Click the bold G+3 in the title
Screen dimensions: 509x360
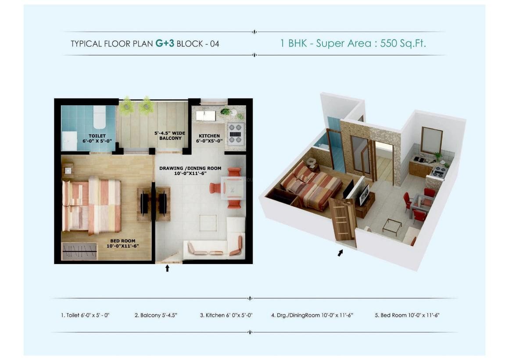pos(165,43)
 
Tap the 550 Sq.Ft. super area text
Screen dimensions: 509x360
pos(403,43)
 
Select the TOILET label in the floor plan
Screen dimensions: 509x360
pos(97,136)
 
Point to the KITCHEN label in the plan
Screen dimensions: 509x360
pos(209,136)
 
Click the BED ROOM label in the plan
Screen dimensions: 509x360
pos(123,241)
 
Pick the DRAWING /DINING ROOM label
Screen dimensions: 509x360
pos(190,168)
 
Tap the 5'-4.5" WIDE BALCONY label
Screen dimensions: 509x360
pos(170,135)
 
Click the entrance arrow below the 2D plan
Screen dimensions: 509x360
pos(168,268)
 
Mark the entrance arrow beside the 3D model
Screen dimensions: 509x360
pos(340,253)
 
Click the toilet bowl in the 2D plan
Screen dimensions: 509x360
pos(99,117)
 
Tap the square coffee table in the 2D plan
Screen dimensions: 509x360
pos(208,223)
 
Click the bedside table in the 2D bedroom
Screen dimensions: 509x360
pos(68,171)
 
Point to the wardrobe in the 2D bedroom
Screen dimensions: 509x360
pos(80,250)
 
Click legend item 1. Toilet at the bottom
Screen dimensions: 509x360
pos(85,315)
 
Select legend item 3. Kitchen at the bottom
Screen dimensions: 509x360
pos(226,315)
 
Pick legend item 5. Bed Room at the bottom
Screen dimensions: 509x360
pos(407,315)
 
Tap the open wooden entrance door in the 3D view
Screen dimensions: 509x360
pos(343,219)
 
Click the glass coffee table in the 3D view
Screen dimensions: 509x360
pos(392,225)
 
